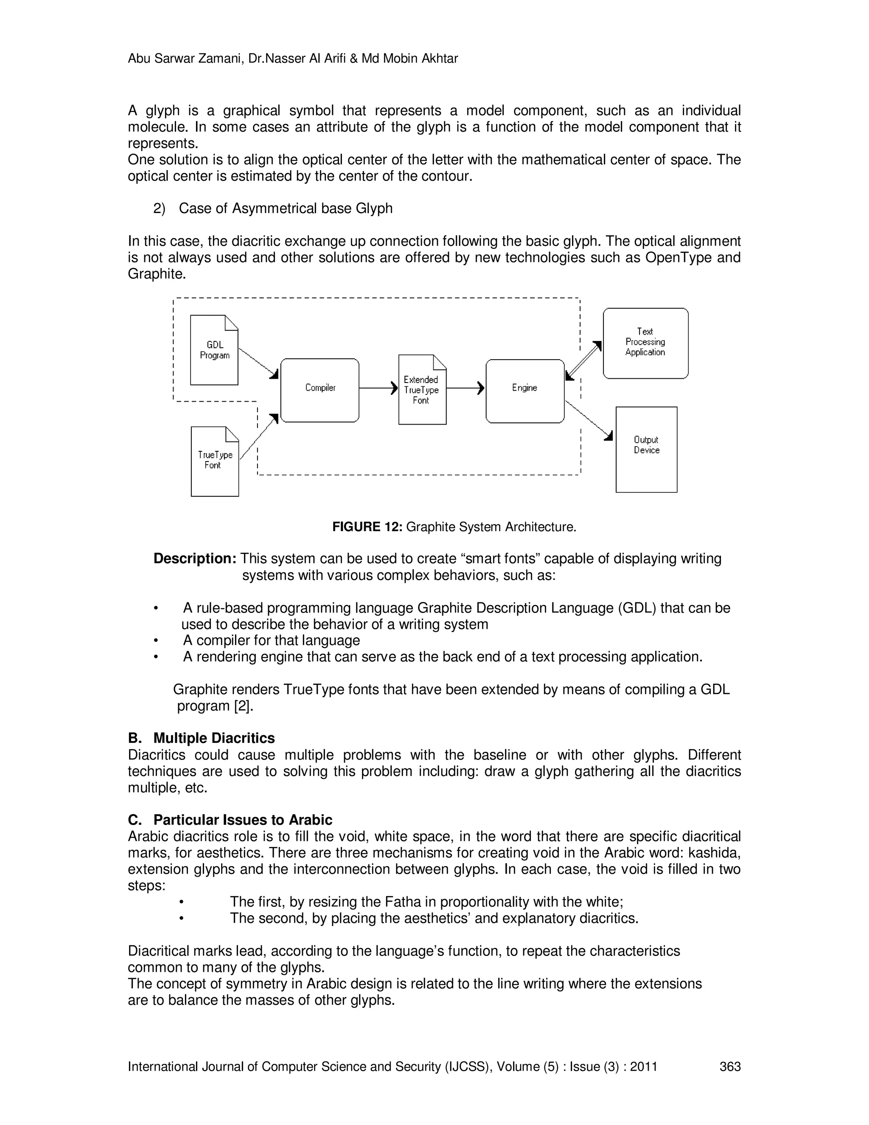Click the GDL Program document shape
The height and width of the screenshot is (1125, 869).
pos(214,350)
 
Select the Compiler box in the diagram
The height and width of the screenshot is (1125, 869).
pos(320,390)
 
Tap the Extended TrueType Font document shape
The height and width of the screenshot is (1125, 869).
pos(422,390)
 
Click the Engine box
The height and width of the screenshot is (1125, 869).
pos(524,391)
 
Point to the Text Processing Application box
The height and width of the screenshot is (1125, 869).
pos(645,343)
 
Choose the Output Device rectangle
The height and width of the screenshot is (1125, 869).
pos(646,449)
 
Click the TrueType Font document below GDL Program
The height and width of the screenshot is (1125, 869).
pos(215,461)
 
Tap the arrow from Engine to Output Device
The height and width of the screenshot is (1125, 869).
pos(589,420)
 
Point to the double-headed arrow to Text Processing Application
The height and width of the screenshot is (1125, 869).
pos(583,360)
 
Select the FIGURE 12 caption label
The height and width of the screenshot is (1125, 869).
pos(367,527)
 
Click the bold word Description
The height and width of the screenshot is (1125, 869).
pos(195,558)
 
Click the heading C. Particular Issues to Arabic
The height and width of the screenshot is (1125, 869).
pos(230,819)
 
